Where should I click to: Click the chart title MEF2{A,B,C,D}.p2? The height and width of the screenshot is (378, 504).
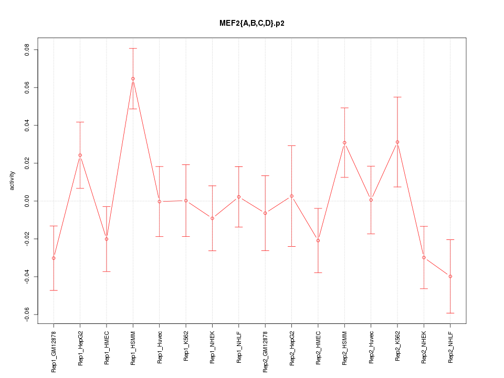coord(252,24)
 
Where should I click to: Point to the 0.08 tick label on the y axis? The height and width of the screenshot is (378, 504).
coord(27,50)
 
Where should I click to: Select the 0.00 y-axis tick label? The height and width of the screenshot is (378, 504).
coord(27,201)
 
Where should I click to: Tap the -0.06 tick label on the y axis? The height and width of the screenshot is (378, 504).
coord(27,314)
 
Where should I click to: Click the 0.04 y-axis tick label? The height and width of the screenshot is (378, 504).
coord(27,125)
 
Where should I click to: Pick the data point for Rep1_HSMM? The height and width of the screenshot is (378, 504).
coord(133,79)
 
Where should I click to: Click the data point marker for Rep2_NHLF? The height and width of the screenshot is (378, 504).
coord(450,276)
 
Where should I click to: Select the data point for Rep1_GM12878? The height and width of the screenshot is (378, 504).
coord(54,258)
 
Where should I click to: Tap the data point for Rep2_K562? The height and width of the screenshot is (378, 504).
coord(397,142)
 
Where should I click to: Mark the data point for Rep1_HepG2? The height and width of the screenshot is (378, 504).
coord(80,155)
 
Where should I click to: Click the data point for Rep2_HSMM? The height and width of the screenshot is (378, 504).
coord(344,142)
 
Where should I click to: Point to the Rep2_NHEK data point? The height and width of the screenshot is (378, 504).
coord(424,257)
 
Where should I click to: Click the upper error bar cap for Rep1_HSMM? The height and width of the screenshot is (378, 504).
coord(133,48)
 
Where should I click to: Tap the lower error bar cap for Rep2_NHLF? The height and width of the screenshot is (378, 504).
coord(450,313)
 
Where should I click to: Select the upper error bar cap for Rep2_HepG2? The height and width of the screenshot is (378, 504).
coord(291,145)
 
